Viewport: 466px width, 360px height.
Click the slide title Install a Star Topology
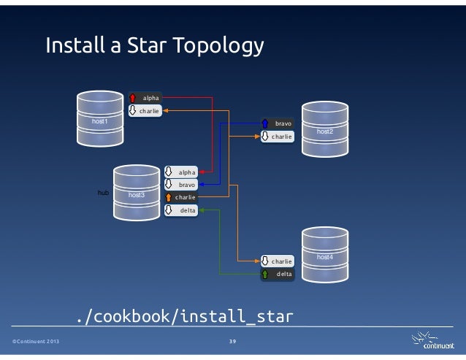(x=153, y=47)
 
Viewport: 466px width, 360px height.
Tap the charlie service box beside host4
(x=278, y=261)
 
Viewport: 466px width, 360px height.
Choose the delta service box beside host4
(x=278, y=274)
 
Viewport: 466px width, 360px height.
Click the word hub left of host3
(x=103, y=194)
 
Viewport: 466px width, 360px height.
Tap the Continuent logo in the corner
(x=430, y=341)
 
